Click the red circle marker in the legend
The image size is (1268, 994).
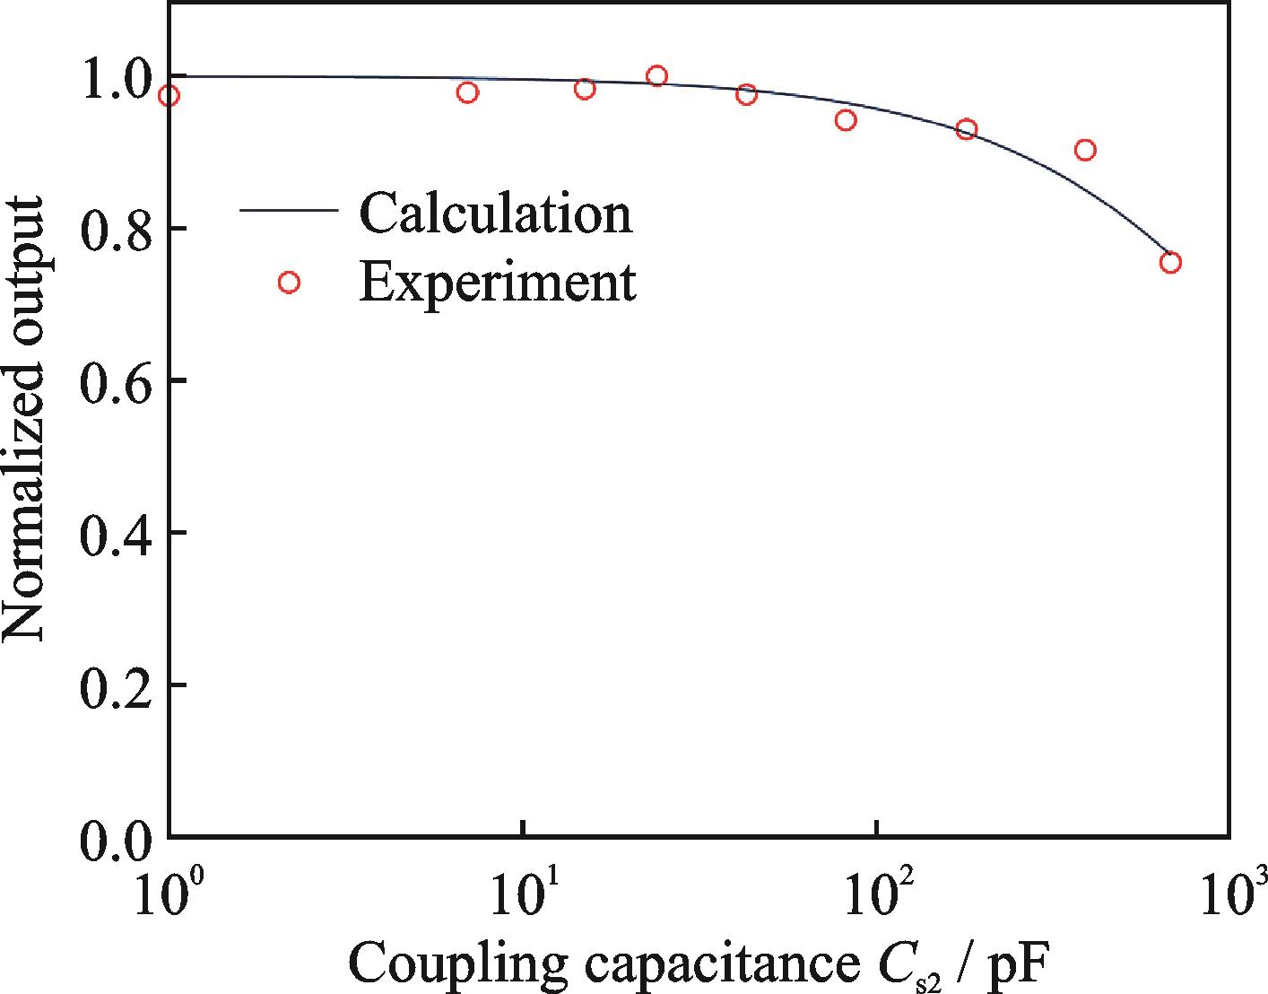point(289,283)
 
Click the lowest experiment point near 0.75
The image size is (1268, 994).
point(1170,263)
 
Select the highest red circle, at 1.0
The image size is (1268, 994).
point(657,76)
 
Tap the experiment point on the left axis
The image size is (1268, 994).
point(169,96)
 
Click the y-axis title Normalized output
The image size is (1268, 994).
point(24,419)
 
